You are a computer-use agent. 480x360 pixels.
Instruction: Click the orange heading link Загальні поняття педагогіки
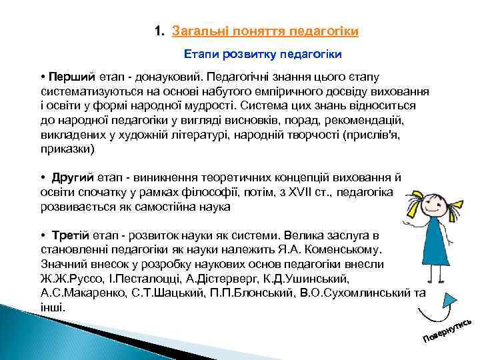[265, 31]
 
